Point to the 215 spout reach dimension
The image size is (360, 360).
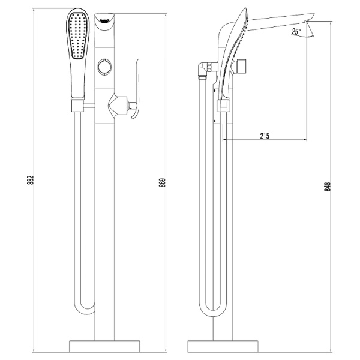tap(264, 136)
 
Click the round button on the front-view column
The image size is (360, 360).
tap(106, 67)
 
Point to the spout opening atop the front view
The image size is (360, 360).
tap(106, 20)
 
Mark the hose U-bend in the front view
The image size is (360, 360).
tap(85, 309)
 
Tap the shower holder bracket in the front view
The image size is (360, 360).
tap(79, 107)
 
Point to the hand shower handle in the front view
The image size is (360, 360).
tap(78, 81)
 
